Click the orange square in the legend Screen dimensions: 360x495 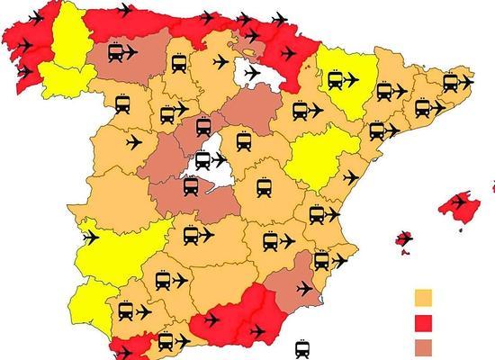point(423,298)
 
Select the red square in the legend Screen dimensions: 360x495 point(423,322)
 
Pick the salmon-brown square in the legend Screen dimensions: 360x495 point(423,346)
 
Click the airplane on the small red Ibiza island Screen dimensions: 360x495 point(405,239)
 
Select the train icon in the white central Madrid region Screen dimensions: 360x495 point(204,162)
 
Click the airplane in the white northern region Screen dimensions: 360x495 point(251,72)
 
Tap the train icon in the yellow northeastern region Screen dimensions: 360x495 point(336,81)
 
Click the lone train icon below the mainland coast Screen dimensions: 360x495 point(303,348)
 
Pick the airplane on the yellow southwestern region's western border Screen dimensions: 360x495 point(89,238)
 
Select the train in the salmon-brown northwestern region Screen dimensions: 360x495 point(115,54)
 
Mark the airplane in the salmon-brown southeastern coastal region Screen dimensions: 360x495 point(305,288)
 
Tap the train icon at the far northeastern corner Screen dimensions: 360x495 point(450,82)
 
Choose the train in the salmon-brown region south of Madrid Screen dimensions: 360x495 point(191,186)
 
